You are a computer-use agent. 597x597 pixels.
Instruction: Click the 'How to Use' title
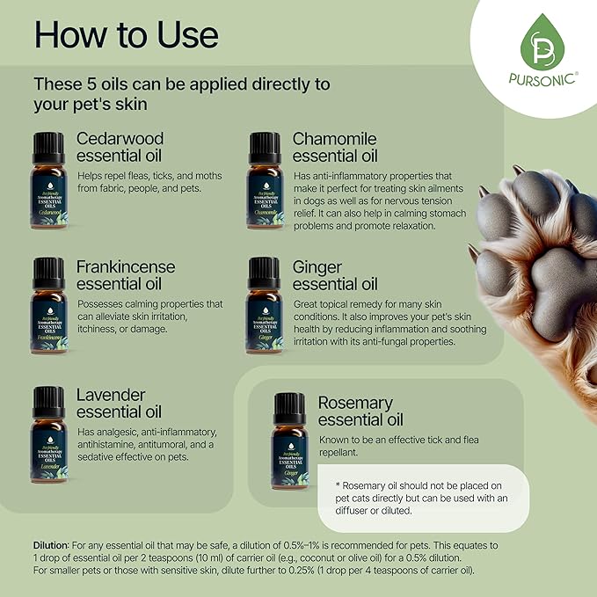click(x=126, y=36)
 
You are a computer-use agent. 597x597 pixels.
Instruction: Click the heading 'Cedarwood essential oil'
click(x=120, y=148)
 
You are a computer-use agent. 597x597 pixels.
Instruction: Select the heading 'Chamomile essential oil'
click(x=335, y=148)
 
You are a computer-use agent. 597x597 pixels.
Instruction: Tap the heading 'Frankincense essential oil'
click(x=126, y=274)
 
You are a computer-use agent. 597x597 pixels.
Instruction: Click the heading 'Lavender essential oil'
click(x=119, y=403)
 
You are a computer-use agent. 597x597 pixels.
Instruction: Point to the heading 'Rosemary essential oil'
click(x=360, y=411)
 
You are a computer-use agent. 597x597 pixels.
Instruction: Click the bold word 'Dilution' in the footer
click(x=51, y=545)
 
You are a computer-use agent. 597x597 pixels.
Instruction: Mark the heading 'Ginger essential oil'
click(x=335, y=274)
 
